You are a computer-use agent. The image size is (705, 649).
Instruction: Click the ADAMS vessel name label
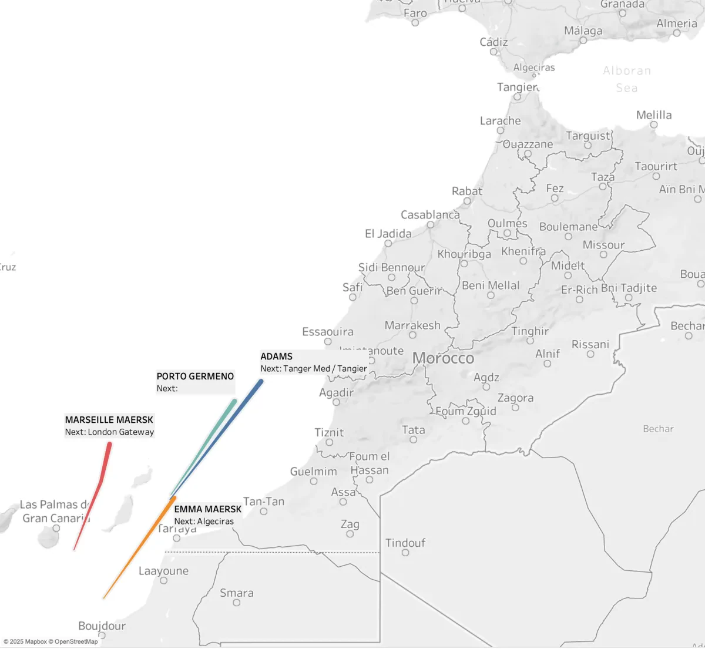pyautogui.click(x=276, y=357)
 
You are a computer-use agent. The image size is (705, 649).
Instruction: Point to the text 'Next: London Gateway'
pyautogui.click(x=109, y=432)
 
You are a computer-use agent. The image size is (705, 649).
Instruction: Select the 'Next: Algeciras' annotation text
pyautogui.click(x=204, y=522)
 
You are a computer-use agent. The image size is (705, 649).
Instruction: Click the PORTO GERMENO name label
pyautogui.click(x=195, y=376)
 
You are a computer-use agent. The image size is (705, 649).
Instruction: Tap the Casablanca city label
pyautogui.click(x=430, y=215)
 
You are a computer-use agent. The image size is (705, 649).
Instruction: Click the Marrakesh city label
pyautogui.click(x=412, y=325)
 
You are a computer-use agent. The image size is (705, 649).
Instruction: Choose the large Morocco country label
pyautogui.click(x=443, y=358)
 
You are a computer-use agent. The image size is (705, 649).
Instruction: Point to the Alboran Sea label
pyautogui.click(x=627, y=79)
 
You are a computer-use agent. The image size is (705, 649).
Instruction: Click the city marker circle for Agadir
pyautogui.click(x=336, y=402)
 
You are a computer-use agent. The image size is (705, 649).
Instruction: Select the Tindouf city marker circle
pyautogui.click(x=405, y=553)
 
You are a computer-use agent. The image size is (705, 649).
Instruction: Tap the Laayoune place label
pyautogui.click(x=163, y=571)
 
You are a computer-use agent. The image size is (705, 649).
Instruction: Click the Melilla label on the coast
pyautogui.click(x=654, y=115)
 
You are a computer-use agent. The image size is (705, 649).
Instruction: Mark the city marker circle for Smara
pyautogui.click(x=236, y=603)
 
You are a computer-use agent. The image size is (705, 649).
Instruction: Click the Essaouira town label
pyautogui.click(x=328, y=332)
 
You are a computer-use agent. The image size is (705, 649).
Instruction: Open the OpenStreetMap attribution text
pyautogui.click(x=76, y=642)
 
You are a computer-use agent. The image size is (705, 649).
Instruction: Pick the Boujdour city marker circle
pyautogui.click(x=102, y=635)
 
